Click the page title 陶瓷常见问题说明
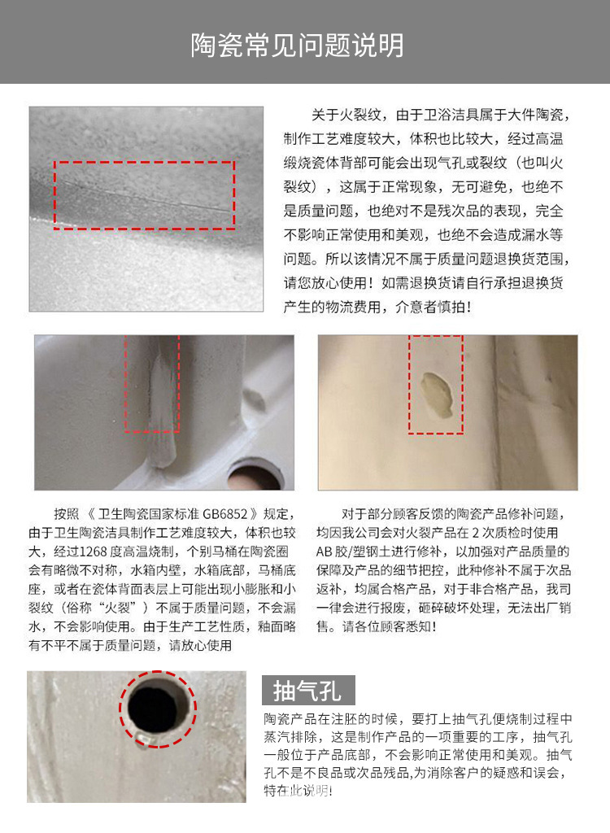297,45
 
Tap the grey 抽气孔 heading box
309,691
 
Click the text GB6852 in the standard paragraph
220,515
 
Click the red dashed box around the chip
435,383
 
